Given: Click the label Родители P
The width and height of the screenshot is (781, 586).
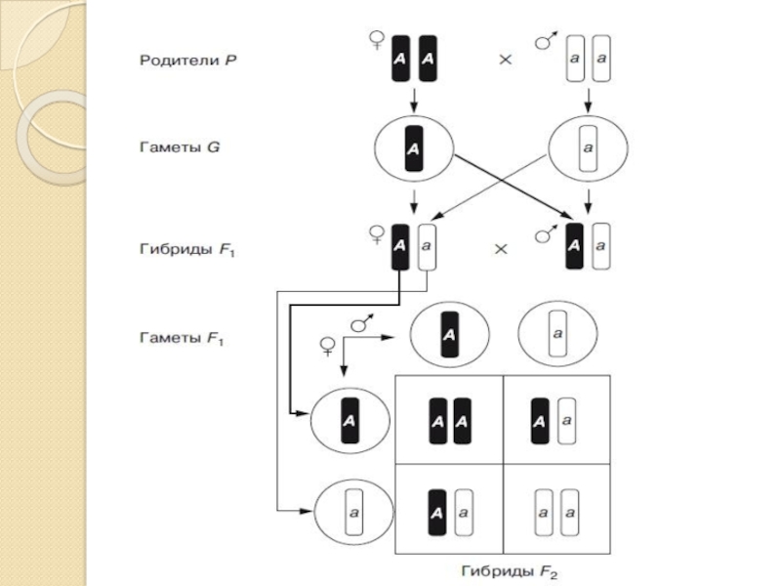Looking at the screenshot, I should tap(186, 60).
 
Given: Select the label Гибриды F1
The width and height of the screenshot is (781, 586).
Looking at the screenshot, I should tap(185, 250).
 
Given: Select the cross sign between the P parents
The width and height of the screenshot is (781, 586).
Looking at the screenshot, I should tap(506, 60).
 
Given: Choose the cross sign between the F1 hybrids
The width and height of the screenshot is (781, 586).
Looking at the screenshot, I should tap(502, 249).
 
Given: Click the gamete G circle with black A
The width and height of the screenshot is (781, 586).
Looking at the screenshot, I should tap(415, 149).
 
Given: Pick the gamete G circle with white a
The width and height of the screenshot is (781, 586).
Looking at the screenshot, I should tap(588, 149).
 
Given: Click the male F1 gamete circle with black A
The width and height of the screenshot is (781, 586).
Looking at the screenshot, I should tap(448, 335).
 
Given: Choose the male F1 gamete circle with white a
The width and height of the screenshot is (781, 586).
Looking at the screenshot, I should tap(557, 335).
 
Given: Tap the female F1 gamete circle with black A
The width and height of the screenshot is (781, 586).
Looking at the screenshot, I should tap(349, 422).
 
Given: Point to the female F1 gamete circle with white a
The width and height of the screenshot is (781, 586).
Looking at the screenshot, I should tap(353, 510).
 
